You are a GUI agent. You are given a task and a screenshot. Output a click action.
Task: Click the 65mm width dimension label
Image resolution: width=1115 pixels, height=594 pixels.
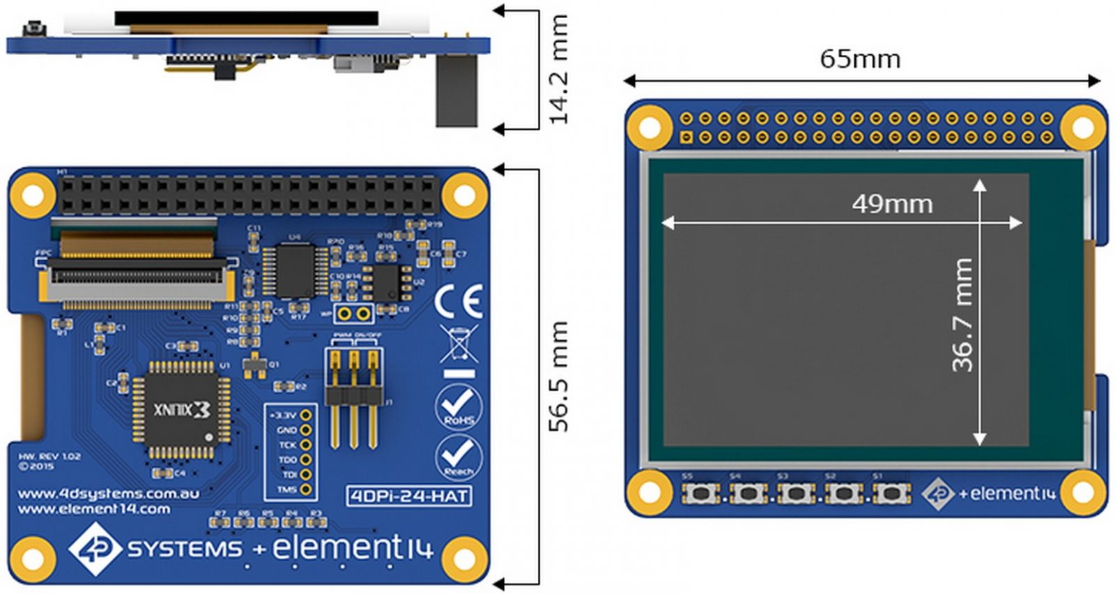tap(860, 59)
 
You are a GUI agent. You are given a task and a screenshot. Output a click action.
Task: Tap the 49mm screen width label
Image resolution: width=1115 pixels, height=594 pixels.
tap(892, 204)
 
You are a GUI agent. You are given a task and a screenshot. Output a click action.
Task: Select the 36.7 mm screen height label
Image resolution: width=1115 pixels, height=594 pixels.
tap(962, 314)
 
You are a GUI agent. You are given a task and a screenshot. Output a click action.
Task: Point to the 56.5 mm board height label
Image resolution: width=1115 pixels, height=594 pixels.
tap(559, 376)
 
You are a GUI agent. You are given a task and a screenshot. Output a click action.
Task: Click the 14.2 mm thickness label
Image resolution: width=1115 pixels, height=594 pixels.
tap(559, 70)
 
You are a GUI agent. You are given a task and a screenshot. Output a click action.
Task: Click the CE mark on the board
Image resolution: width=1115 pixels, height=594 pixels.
tap(458, 302)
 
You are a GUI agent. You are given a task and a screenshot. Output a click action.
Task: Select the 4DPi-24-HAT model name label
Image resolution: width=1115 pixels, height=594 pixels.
tap(408, 496)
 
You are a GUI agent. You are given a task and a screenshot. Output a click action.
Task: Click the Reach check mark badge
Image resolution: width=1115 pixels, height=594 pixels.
tap(458, 457)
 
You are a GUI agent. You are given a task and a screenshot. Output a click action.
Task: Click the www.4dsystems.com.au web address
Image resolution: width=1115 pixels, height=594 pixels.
tap(108, 494)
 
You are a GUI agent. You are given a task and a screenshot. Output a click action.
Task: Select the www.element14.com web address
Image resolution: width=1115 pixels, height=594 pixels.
tap(93, 509)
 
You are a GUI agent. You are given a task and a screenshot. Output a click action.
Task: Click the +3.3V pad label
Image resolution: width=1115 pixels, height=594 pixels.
tap(283, 416)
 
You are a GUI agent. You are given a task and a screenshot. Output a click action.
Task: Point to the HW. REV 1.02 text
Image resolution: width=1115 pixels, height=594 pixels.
tap(49, 457)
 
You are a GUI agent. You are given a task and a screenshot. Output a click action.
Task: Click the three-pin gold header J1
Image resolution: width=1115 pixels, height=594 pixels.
tap(354, 397)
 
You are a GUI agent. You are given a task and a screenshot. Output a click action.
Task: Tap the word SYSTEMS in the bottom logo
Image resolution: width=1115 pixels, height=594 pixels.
tap(185, 549)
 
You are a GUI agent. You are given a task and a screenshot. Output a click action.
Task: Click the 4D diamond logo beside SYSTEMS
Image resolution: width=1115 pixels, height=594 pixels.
tap(96, 549)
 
